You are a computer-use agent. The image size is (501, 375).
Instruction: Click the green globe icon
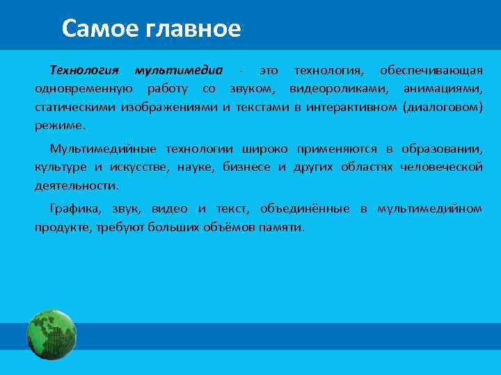pos(51,335)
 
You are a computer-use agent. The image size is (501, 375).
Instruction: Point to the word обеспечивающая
pos(431,71)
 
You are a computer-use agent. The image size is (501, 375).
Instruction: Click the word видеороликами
pos(338,90)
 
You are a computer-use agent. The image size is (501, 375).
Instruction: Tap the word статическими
pos(76,108)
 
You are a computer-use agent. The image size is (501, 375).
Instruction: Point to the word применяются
pos(338,149)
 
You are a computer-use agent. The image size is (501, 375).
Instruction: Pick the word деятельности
pos(77,186)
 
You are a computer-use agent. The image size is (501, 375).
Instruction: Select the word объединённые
pos(305,209)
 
